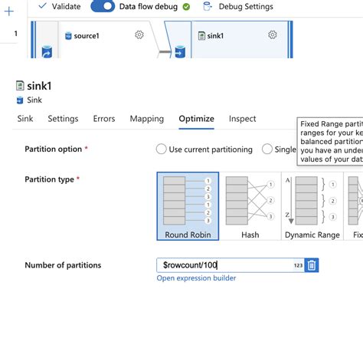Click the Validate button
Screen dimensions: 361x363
[60, 6]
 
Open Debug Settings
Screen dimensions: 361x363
[238, 6]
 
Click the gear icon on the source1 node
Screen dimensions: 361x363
[139, 35]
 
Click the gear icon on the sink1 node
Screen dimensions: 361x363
[273, 35]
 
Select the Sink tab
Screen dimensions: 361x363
[25, 119]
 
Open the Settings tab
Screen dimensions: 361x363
[63, 119]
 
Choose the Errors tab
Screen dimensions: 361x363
[104, 119]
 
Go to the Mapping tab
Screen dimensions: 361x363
[146, 119]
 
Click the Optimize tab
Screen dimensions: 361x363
[196, 119]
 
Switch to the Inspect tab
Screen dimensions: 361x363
[242, 119]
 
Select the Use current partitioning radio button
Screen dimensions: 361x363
[161, 149]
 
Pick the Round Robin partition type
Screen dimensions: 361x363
[188, 205]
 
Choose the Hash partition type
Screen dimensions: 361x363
[250, 205]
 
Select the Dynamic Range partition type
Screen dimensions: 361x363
[312, 205]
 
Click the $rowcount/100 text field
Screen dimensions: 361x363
[222, 265]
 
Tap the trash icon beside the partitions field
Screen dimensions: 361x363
[312, 265]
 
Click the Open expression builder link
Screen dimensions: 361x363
[196, 278]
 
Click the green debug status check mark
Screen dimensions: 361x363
[186, 6]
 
